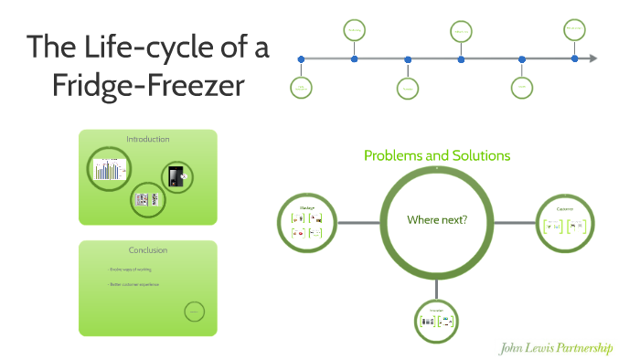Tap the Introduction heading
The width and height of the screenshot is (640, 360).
(147, 139)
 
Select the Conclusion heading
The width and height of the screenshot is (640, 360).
(147, 250)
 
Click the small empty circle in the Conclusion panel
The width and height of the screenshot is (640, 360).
(193, 312)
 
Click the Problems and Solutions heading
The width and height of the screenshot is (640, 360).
(436, 155)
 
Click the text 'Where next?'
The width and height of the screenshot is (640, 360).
(437, 219)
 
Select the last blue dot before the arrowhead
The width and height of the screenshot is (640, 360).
(574, 59)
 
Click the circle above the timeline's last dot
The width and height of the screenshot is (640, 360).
(574, 29)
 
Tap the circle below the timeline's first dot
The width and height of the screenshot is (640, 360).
(302, 88)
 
